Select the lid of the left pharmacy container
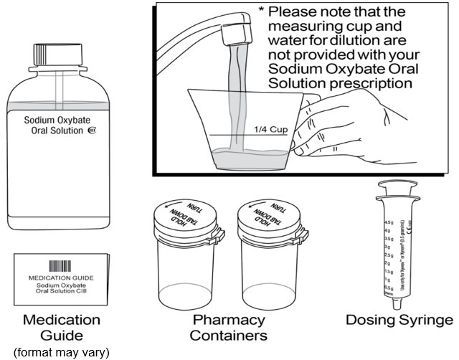pos(184,216)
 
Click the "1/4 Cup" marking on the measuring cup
pos(269,130)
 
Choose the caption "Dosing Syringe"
pos(400,320)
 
